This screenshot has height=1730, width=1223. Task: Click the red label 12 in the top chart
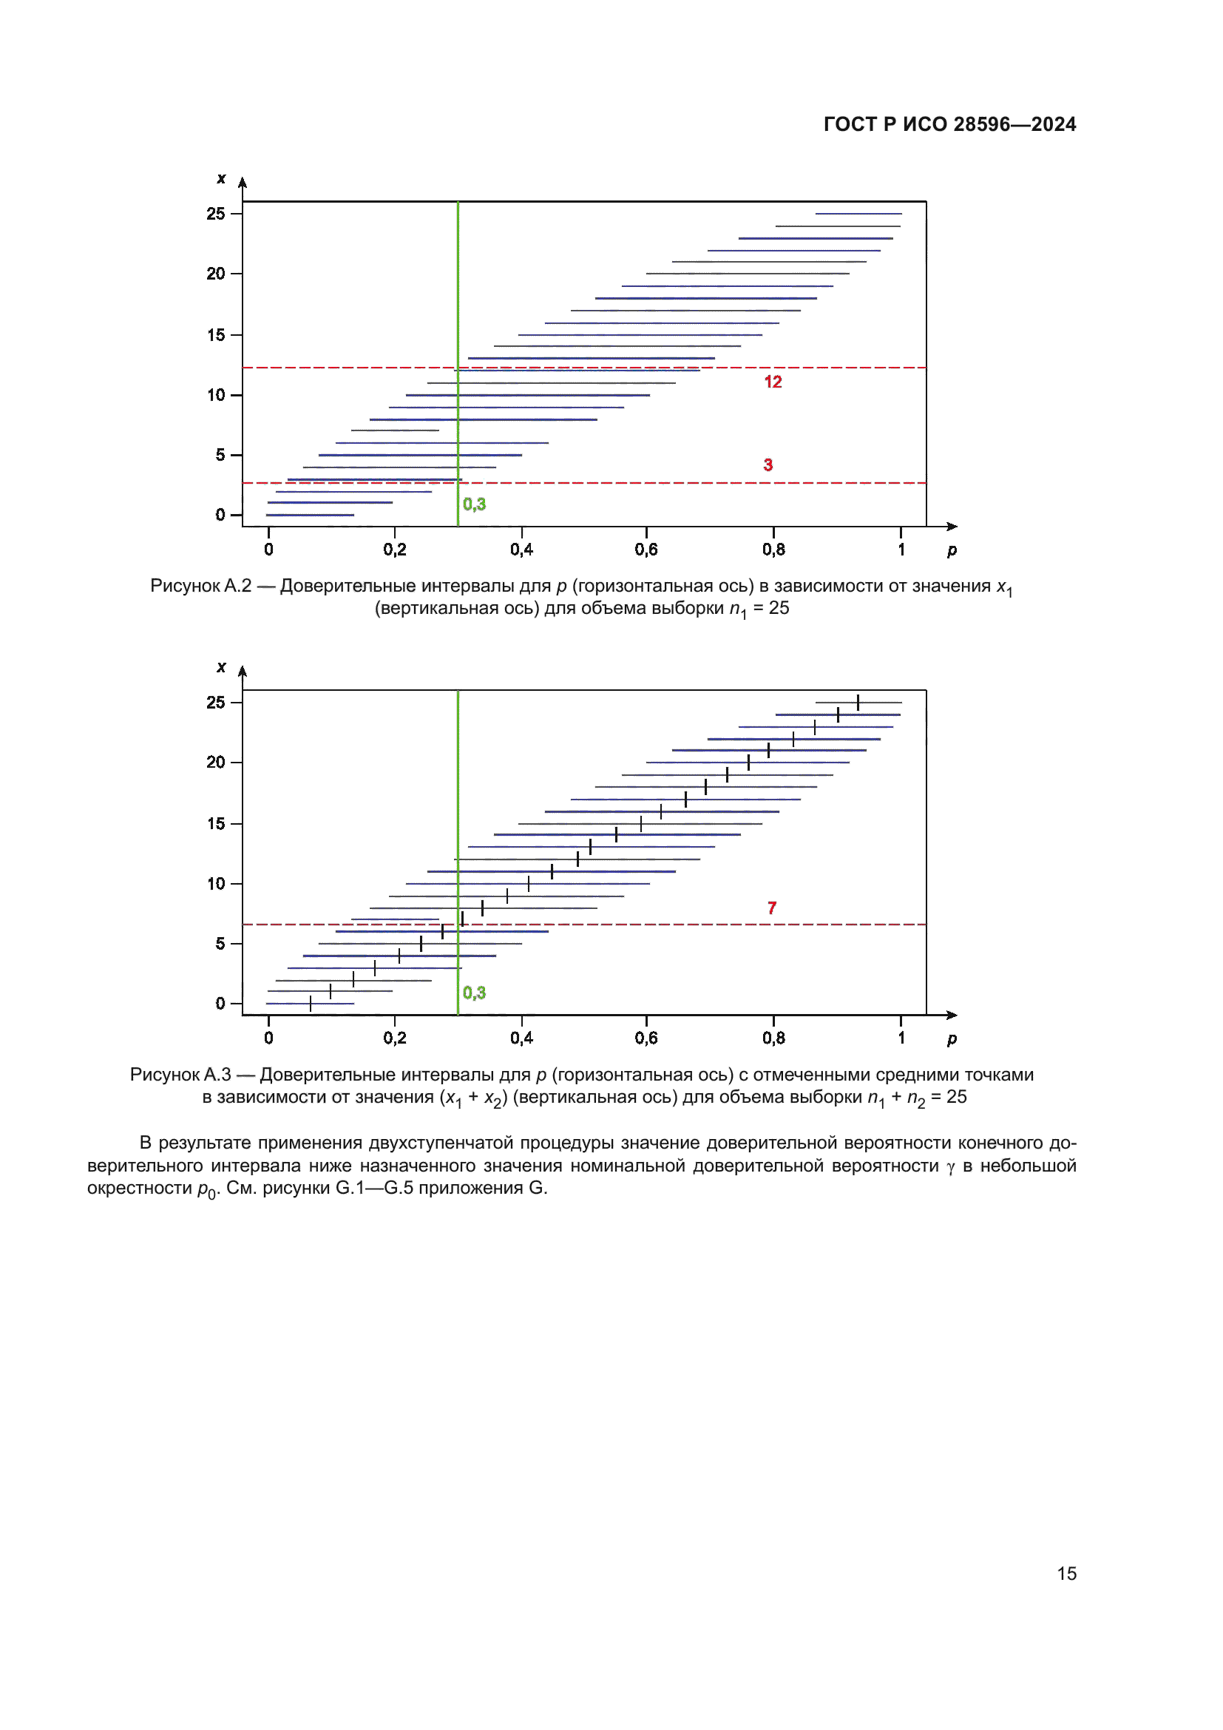773,382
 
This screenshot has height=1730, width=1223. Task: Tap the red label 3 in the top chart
768,465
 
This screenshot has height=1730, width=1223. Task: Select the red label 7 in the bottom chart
771,908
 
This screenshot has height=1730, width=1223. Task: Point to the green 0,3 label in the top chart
474,504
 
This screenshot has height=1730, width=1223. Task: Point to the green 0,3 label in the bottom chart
474,993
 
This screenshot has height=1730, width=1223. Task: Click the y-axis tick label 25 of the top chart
216,214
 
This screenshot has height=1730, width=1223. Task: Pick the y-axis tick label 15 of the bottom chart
216,823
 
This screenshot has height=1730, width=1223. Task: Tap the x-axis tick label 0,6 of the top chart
646,550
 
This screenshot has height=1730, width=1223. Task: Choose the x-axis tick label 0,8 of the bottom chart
773,1038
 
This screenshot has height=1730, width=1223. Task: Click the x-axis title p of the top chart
952,550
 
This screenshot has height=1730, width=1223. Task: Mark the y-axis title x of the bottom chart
221,667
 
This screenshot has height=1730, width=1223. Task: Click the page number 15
1066,1573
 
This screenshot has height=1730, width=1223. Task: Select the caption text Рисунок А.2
200,587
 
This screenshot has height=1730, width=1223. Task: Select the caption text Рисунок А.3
180,1075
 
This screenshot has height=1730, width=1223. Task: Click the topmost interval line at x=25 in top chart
858,214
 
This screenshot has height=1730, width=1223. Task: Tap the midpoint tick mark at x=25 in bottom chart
858,702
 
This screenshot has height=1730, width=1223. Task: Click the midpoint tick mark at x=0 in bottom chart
311,1004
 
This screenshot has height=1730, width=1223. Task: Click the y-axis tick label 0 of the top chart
220,515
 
